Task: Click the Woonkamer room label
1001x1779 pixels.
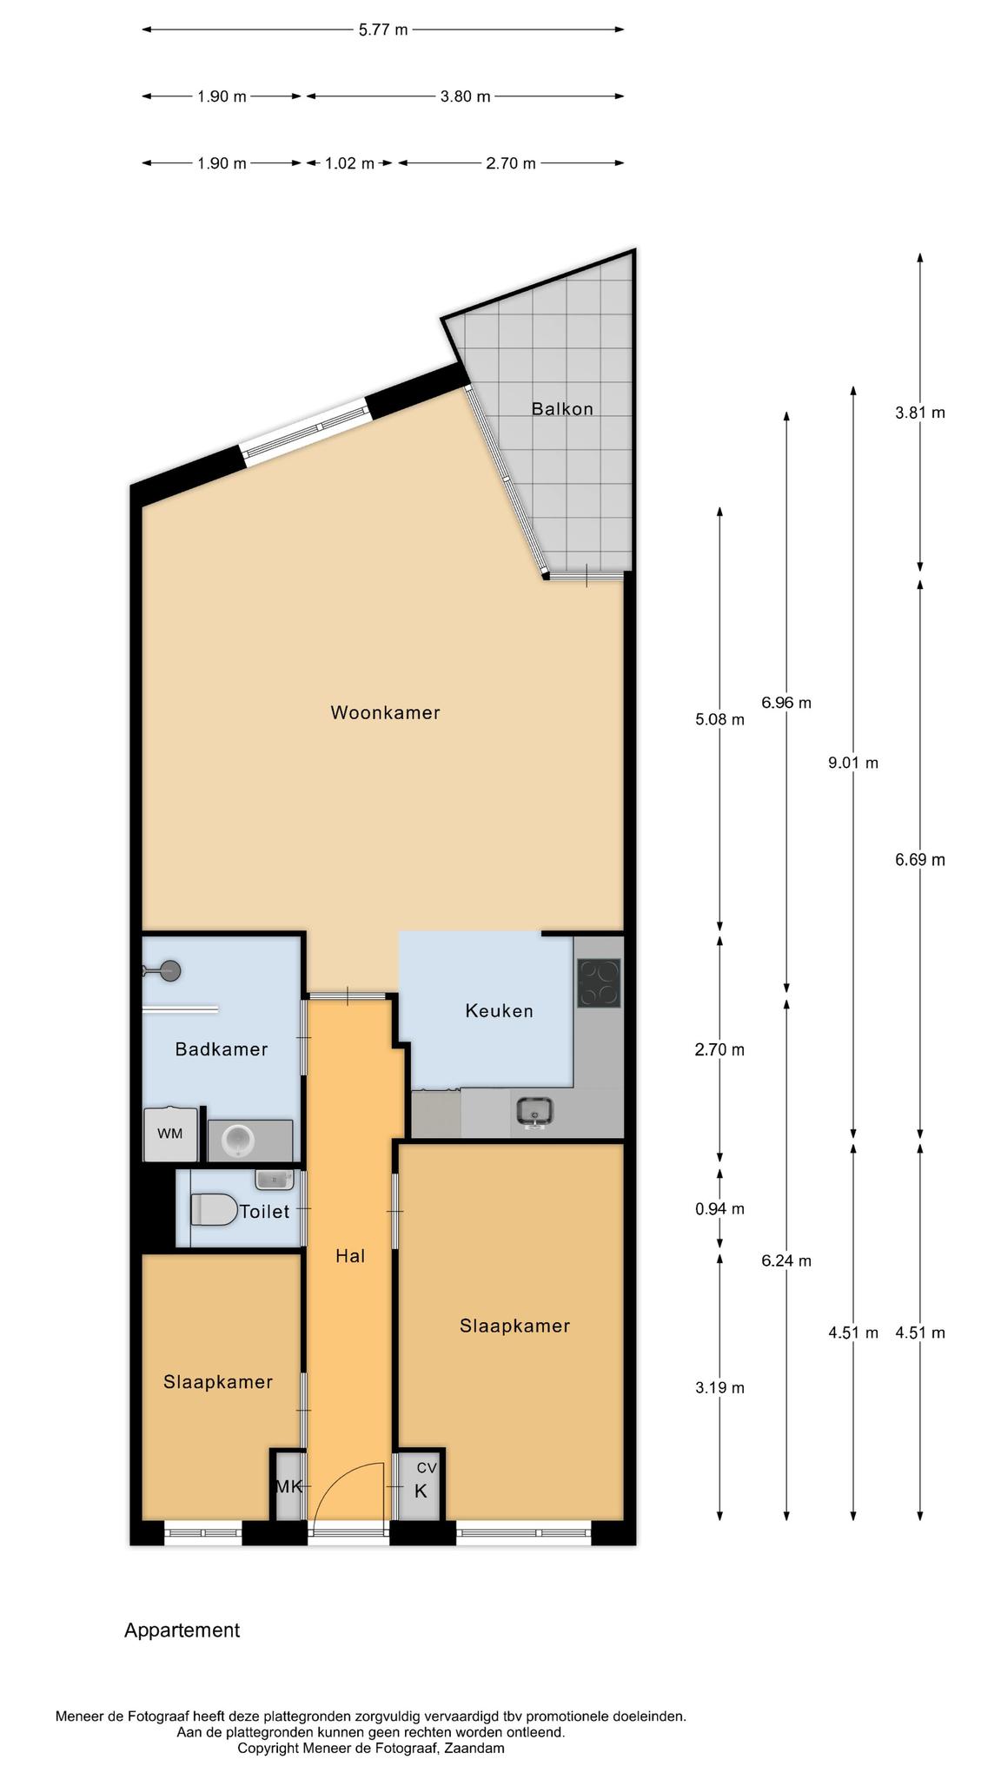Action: click(x=385, y=713)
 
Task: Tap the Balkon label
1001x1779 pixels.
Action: click(x=562, y=408)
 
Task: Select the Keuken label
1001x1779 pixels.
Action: click(x=499, y=1011)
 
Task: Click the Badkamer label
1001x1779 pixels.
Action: click(x=222, y=1049)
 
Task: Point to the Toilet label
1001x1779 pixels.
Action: click(x=264, y=1212)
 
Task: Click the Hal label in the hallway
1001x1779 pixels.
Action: click(x=350, y=1256)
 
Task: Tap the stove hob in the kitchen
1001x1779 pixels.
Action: click(x=599, y=982)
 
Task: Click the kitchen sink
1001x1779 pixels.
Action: click(x=534, y=1112)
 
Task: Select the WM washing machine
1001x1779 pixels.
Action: click(x=170, y=1134)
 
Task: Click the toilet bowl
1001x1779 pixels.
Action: click(x=215, y=1209)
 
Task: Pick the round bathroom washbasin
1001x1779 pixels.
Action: click(x=236, y=1140)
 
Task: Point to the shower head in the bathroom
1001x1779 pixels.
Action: click(x=170, y=971)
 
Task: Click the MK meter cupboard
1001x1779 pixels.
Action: click(x=288, y=1486)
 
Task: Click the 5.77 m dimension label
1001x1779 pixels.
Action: click(x=383, y=30)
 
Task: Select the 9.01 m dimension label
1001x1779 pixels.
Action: click(x=853, y=764)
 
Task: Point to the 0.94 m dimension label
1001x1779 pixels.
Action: click(x=719, y=1209)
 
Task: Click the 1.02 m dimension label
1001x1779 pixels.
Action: click(x=349, y=163)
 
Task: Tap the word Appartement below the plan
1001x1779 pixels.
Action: click(x=182, y=1630)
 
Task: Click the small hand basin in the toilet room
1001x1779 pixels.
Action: click(x=275, y=1180)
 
